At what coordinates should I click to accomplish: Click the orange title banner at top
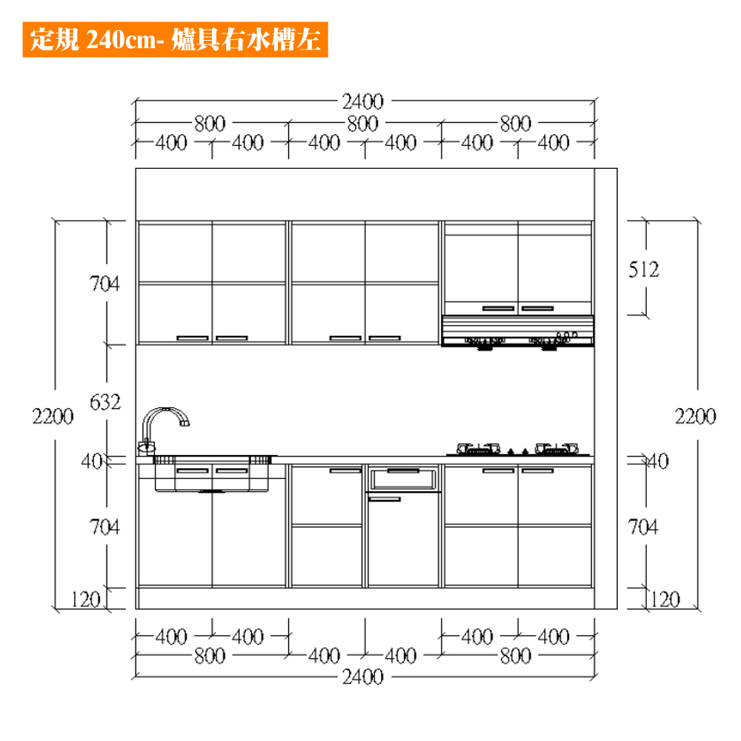176,40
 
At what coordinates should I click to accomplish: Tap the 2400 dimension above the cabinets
362,102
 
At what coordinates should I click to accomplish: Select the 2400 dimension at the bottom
362,677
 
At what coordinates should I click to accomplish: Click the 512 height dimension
644,270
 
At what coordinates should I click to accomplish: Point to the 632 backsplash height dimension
105,402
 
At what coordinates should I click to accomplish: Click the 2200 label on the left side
53,416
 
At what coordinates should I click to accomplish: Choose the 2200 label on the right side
695,416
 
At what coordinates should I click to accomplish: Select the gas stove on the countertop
518,450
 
